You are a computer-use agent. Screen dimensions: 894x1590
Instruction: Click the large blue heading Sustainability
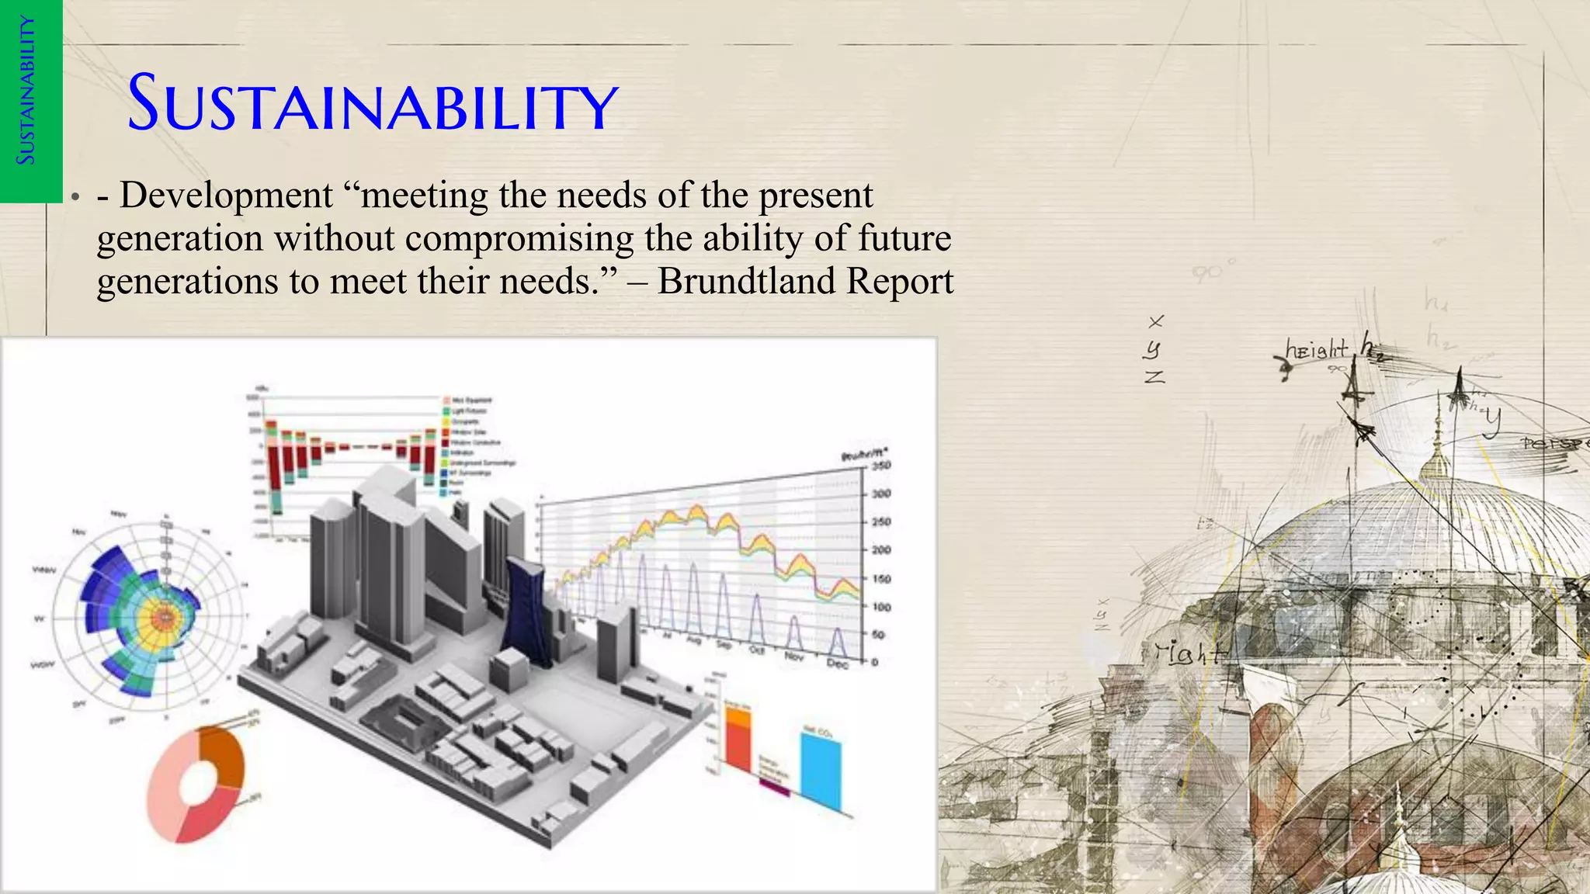(373, 102)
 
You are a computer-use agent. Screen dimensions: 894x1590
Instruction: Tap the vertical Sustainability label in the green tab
(27, 91)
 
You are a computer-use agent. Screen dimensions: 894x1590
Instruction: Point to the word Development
(226, 195)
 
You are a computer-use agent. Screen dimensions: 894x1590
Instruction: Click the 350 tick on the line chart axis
(880, 466)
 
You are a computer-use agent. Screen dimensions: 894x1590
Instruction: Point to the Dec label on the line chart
(837, 663)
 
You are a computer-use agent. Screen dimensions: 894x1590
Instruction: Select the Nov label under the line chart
(794, 657)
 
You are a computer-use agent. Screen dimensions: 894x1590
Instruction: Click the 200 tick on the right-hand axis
(880, 550)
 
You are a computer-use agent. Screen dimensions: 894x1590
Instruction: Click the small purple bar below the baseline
(774, 788)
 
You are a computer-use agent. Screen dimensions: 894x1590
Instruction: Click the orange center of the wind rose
(164, 618)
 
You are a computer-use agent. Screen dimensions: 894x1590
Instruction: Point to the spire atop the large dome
(1437, 435)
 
